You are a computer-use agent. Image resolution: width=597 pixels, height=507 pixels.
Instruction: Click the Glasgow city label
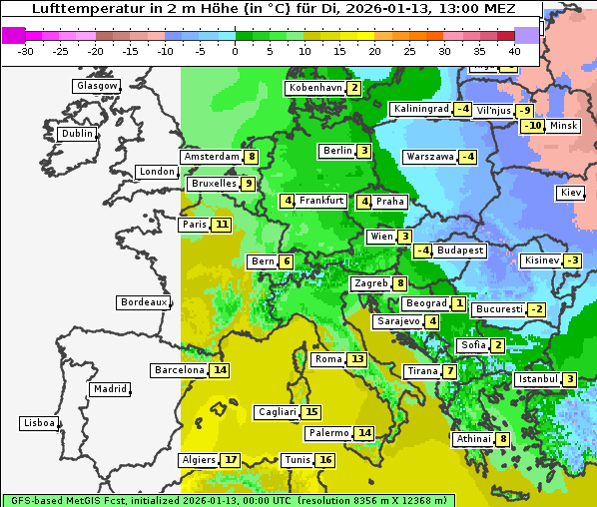tap(96, 86)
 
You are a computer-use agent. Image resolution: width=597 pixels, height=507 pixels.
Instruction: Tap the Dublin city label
tap(76, 134)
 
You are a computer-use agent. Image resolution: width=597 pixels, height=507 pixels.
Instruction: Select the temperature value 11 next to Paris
tap(221, 225)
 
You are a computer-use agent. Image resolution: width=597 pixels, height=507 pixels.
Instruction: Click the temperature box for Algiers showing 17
tap(231, 460)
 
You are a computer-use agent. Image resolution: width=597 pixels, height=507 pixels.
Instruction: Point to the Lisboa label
tap(38, 423)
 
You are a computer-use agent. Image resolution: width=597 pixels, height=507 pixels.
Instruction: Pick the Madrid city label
tap(109, 389)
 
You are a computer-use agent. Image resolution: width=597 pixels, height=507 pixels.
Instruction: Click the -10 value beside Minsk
tap(533, 126)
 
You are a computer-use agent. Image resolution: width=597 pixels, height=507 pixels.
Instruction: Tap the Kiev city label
tap(571, 193)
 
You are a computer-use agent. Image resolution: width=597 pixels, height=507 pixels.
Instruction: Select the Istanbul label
tap(538, 379)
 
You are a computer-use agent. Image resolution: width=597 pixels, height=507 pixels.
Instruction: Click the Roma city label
tap(328, 359)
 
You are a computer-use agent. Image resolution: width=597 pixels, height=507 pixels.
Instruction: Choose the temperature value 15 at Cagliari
tap(311, 412)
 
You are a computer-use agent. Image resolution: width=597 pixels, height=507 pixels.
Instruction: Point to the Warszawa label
tap(429, 157)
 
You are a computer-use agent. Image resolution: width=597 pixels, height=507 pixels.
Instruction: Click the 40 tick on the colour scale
tap(514, 51)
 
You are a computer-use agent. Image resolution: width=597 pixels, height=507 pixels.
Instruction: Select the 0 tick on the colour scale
tap(235, 51)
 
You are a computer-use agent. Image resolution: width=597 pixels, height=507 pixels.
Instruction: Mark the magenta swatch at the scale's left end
tap(13, 34)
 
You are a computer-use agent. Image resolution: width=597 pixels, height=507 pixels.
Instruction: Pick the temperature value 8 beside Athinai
tap(503, 439)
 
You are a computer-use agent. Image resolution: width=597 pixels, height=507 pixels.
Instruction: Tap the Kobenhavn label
tap(314, 88)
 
